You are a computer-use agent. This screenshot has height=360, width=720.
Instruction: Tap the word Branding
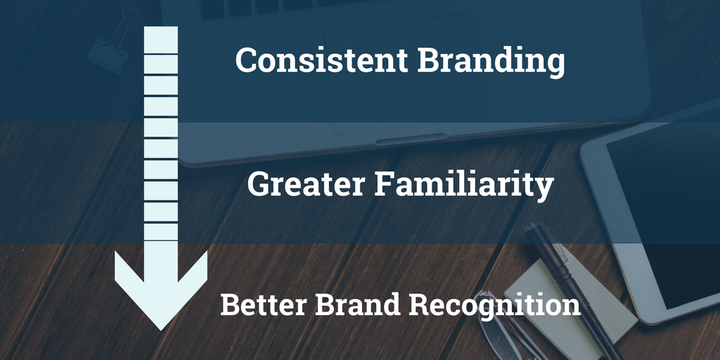[491, 63]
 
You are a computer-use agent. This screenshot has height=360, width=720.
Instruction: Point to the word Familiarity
[465, 186]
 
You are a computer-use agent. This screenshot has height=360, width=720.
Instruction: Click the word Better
[263, 304]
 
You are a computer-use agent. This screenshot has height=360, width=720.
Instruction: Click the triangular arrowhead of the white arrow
[161, 289]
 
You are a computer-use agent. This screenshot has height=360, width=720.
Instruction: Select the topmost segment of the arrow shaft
[161, 40]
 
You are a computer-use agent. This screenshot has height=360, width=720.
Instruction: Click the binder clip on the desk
[112, 44]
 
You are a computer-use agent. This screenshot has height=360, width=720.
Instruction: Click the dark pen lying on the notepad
[570, 285]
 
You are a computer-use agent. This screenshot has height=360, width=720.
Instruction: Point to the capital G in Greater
[259, 184]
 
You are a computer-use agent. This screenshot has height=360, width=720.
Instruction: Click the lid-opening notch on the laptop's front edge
[411, 139]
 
